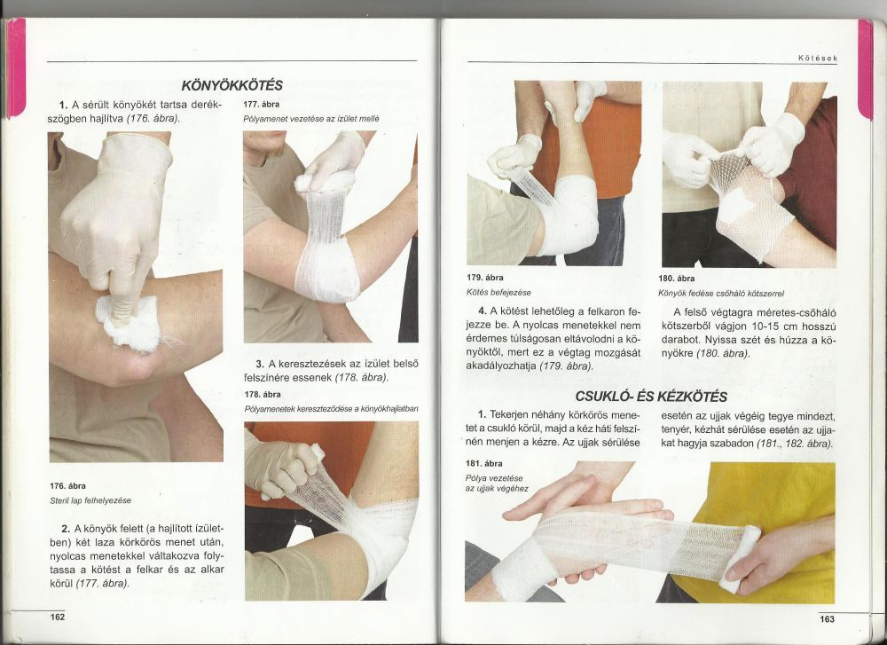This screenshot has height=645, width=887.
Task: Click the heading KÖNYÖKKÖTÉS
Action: [232, 85]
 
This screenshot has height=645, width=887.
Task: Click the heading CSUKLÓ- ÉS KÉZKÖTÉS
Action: [651, 396]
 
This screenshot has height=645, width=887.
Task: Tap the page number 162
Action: [58, 617]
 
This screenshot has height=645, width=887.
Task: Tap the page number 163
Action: [827, 619]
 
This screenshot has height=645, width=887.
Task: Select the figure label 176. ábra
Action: [68, 486]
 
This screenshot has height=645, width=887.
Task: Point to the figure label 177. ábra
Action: [262, 104]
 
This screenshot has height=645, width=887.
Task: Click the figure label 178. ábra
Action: [263, 394]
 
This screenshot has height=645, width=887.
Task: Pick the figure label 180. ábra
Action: [677, 279]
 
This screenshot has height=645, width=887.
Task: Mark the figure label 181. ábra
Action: [483, 463]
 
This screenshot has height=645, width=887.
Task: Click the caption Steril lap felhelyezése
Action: [90, 500]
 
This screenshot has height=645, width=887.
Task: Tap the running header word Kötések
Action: [818, 58]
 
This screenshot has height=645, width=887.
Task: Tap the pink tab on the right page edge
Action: [866, 69]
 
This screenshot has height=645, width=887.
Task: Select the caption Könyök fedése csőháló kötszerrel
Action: [721, 294]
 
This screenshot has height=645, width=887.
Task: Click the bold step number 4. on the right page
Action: [483, 311]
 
